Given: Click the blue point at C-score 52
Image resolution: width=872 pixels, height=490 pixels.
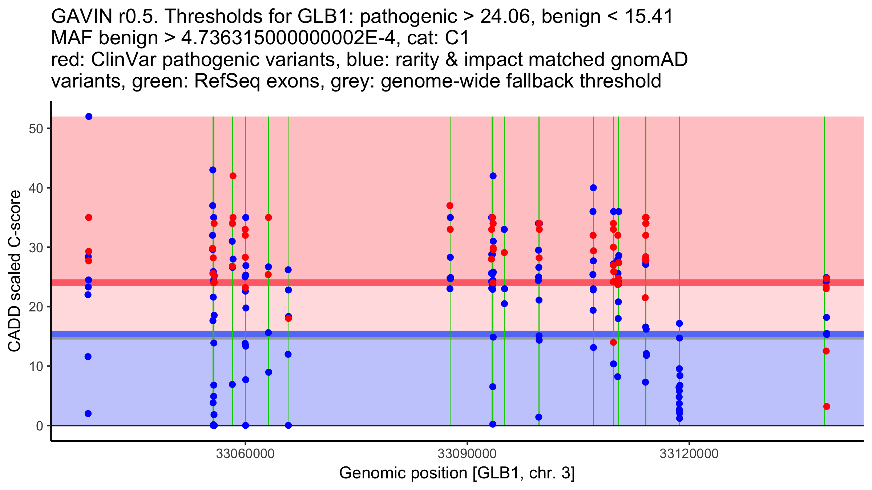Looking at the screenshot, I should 89,117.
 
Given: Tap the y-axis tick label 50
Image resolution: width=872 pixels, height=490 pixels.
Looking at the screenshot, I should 36,129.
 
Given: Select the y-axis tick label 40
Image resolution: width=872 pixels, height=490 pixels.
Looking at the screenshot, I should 36,188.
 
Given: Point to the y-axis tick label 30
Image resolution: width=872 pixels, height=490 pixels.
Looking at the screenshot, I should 36,248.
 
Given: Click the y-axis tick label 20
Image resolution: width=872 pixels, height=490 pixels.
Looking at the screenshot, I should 36,307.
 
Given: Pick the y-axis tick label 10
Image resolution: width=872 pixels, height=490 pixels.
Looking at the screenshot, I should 36,366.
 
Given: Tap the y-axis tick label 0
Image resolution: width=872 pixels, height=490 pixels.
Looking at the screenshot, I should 40,426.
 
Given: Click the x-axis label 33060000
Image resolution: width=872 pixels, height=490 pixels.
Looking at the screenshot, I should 245,454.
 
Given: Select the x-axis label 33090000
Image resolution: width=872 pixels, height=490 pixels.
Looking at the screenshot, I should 467,454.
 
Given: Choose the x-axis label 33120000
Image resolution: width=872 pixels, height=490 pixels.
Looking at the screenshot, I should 689,454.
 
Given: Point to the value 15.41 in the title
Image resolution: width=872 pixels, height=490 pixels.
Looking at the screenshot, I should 648,17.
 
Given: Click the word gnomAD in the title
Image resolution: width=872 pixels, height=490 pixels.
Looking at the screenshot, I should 649,60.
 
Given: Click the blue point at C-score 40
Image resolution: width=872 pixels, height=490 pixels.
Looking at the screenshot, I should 593,188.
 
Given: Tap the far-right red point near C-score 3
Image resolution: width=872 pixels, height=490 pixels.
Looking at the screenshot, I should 827,407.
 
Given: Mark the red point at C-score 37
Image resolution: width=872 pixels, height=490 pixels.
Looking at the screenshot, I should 450,206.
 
